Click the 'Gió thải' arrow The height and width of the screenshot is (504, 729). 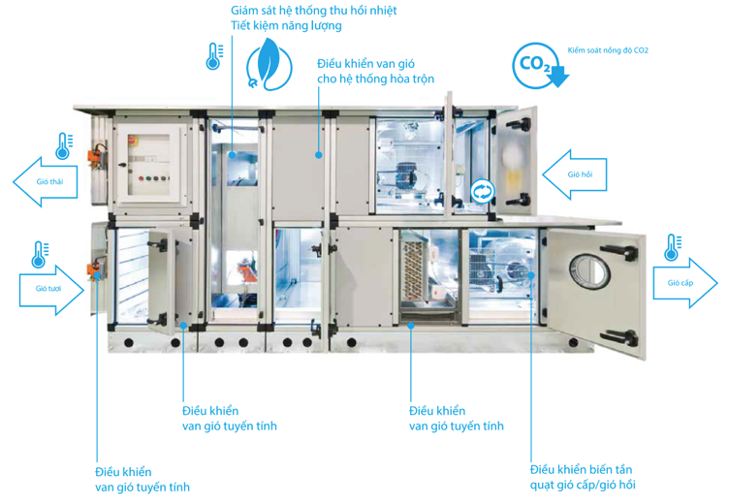coord(48,182)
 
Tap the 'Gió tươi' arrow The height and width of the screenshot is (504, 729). coord(51,288)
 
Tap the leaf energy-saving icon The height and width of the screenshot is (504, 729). coord(267,64)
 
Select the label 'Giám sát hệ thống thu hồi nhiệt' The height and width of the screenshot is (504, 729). coord(300,10)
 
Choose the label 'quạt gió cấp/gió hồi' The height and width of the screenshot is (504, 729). coord(582,485)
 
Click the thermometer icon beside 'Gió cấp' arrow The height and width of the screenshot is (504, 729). coord(671,247)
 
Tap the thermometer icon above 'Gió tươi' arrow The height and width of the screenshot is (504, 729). coord(41,255)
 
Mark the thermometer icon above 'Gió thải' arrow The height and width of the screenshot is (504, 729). coord(64,146)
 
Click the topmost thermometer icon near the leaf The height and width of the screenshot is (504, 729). coord(213,56)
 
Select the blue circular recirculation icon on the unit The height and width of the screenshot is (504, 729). coord(482,191)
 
